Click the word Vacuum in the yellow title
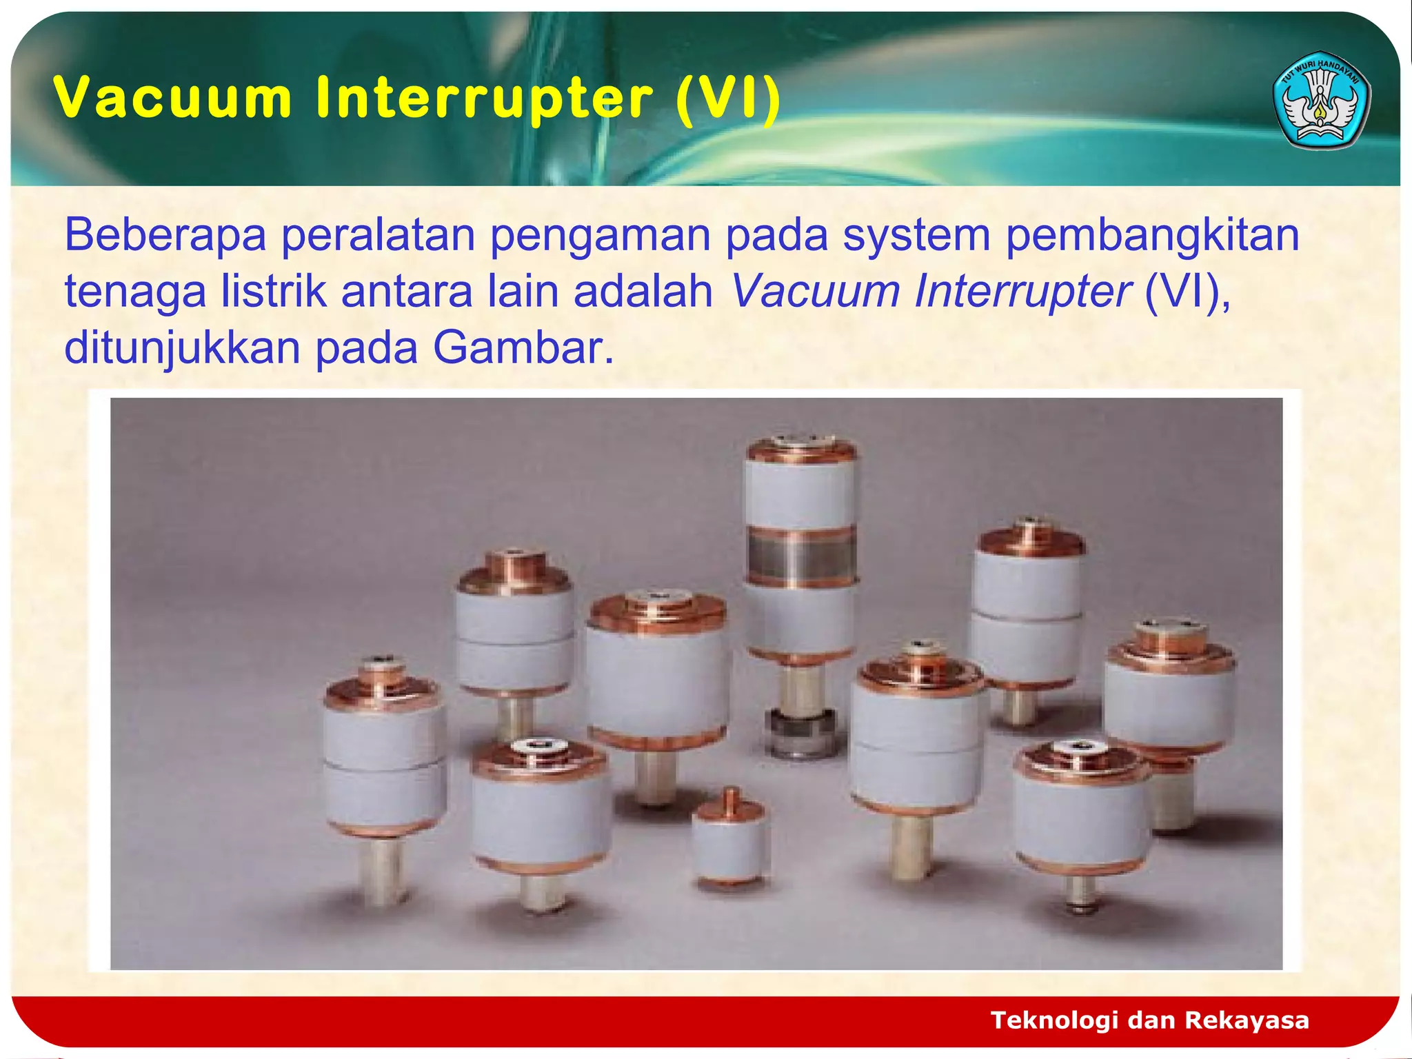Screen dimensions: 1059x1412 pyautogui.click(x=173, y=97)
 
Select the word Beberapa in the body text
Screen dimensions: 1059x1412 pyautogui.click(x=165, y=235)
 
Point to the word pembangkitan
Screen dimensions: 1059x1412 pyautogui.click(x=1152, y=235)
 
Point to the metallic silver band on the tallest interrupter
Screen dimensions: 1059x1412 pyautogui.click(x=801, y=557)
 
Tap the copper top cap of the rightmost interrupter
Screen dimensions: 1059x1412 pyautogui.click(x=1171, y=645)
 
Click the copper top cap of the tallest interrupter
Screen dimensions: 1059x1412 pyautogui.click(x=801, y=449)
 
